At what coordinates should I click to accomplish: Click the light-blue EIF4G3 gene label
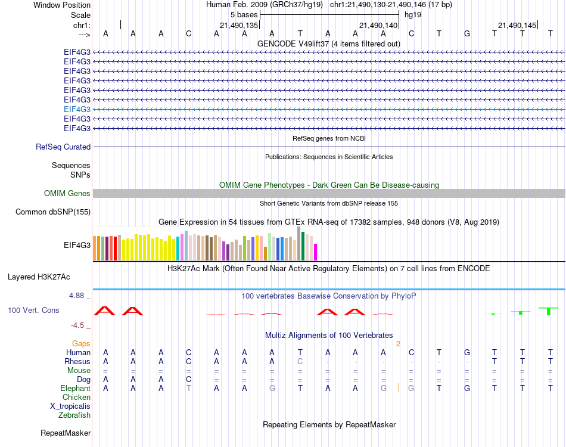[x=77, y=109]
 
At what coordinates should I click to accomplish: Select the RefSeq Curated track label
[x=63, y=147]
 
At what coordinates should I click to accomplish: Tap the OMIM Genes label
[x=67, y=193]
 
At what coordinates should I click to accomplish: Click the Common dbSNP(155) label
[x=53, y=212]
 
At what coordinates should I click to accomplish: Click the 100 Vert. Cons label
[x=33, y=311]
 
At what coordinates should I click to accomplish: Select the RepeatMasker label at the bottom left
[x=66, y=433]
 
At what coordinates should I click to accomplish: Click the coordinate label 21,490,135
[x=239, y=25]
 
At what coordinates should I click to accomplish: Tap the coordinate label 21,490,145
[x=517, y=25]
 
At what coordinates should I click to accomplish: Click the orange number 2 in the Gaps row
[x=398, y=344]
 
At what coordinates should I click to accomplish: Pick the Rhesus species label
[x=77, y=361]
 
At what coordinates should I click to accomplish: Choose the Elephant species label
[x=76, y=388]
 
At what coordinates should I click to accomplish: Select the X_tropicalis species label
[x=70, y=406]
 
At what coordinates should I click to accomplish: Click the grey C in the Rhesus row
[x=300, y=361]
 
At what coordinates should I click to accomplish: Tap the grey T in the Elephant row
[x=189, y=388]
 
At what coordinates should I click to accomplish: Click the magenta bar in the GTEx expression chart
[x=316, y=252]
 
